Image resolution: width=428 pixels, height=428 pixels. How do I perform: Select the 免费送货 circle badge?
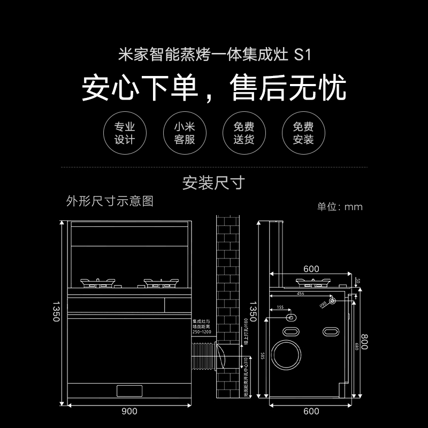(244, 133)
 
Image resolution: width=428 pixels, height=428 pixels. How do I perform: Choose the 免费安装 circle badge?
(303, 133)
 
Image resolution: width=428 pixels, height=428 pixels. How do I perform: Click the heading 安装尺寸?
(213, 183)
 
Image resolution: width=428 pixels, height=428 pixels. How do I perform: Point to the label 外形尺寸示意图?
(110, 201)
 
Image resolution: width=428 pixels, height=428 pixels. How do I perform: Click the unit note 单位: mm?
(340, 207)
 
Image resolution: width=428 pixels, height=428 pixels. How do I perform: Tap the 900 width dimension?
(129, 411)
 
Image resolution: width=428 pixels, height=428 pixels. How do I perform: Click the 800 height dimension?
(365, 339)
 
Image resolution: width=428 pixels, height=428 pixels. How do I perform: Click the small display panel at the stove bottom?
(128, 391)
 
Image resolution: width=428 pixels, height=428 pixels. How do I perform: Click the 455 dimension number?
(301, 294)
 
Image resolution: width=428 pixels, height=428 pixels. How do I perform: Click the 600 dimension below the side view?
(311, 411)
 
